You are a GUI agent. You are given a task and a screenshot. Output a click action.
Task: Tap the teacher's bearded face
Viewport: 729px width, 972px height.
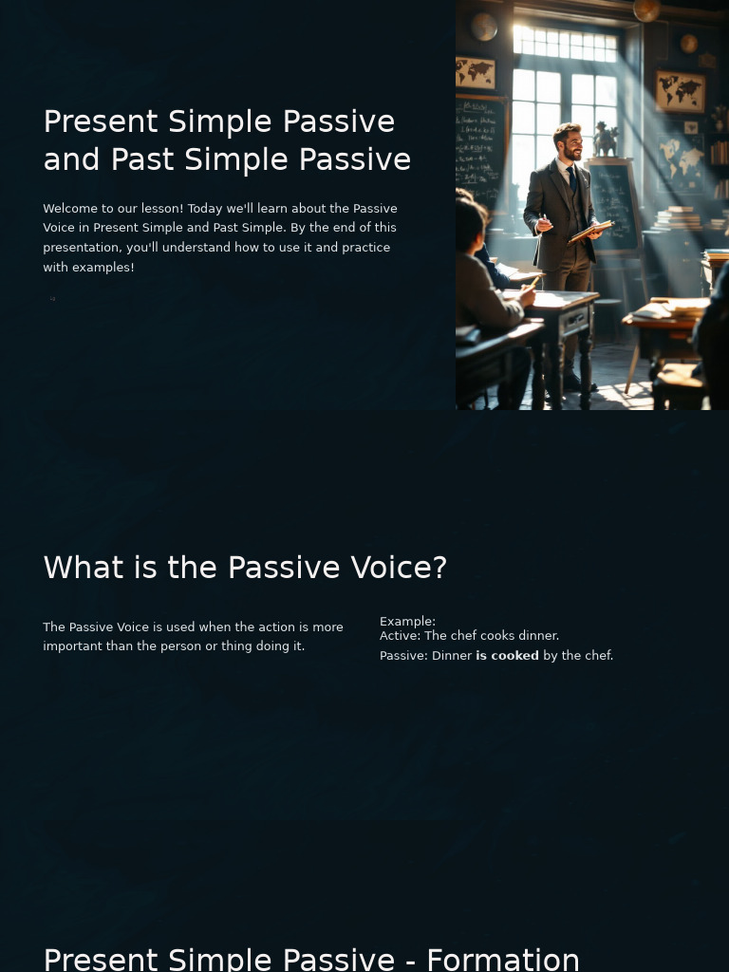click(568, 143)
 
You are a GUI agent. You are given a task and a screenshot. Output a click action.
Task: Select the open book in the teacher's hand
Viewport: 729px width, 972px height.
click(591, 231)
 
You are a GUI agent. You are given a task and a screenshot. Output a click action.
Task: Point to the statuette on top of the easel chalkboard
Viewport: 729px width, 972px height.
click(604, 140)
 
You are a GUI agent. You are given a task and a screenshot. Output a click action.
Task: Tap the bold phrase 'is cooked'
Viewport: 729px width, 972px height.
click(507, 656)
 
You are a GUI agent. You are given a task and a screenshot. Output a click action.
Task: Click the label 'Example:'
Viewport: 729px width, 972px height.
click(407, 622)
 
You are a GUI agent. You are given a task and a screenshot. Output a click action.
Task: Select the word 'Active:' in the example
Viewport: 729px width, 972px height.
click(400, 636)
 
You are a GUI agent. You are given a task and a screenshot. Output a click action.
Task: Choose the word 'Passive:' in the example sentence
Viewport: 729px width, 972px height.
click(403, 656)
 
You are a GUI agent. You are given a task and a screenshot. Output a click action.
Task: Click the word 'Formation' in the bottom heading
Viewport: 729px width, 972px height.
click(503, 959)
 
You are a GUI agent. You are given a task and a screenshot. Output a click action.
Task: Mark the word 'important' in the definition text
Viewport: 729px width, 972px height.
click(71, 646)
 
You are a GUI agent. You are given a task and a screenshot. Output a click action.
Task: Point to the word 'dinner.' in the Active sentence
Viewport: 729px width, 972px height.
click(538, 636)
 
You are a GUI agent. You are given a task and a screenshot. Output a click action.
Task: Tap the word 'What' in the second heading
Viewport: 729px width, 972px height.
click(84, 568)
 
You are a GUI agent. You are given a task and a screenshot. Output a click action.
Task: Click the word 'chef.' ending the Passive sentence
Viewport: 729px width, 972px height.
click(595, 656)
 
